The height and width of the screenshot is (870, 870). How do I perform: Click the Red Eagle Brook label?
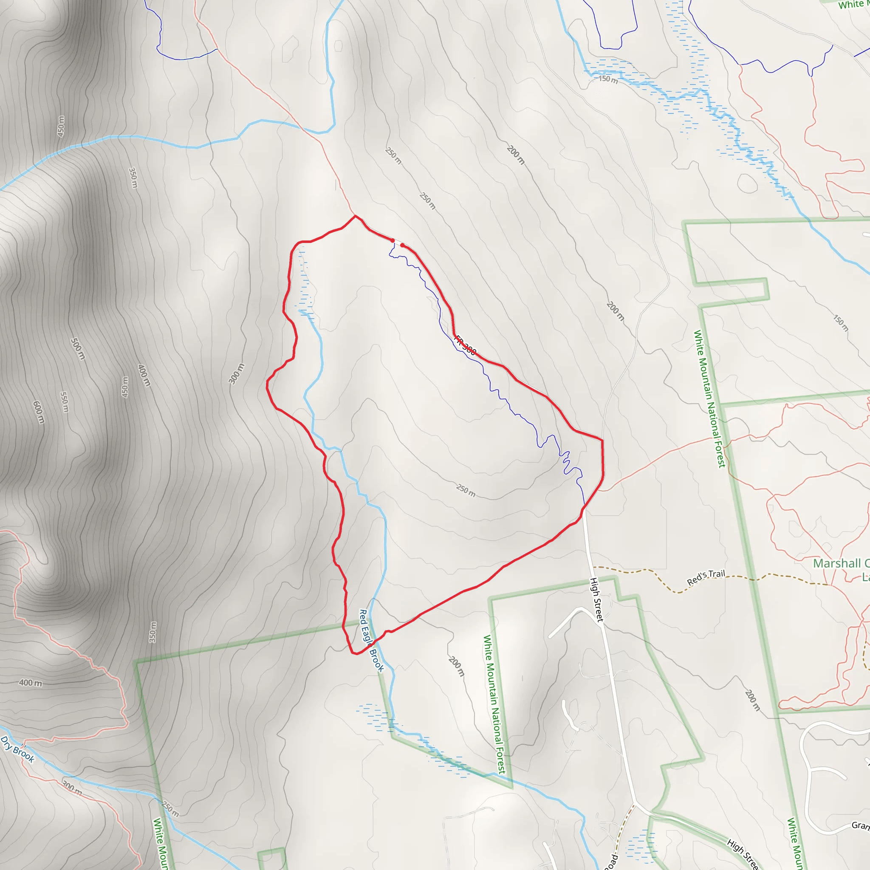(x=372, y=641)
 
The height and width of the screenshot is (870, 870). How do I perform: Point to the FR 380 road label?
(x=465, y=345)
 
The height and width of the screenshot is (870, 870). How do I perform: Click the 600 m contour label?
(x=39, y=412)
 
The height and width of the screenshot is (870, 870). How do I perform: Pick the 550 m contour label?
(x=65, y=402)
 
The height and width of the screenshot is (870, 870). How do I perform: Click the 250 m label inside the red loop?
(x=466, y=490)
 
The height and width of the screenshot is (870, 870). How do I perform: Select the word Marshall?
(x=836, y=563)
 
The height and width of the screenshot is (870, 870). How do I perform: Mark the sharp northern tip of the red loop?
(x=355, y=216)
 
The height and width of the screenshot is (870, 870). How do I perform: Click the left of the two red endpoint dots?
(x=393, y=240)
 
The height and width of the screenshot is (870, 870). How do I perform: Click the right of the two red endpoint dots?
(x=402, y=245)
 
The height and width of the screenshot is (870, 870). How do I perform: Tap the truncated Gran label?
(x=860, y=825)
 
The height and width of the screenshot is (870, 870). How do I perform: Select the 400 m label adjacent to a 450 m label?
(x=144, y=375)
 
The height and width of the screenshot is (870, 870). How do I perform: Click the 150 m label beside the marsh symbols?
(x=608, y=79)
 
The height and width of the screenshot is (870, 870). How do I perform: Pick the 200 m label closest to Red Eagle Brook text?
(x=456, y=667)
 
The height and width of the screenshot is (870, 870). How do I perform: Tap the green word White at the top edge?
(x=850, y=5)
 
